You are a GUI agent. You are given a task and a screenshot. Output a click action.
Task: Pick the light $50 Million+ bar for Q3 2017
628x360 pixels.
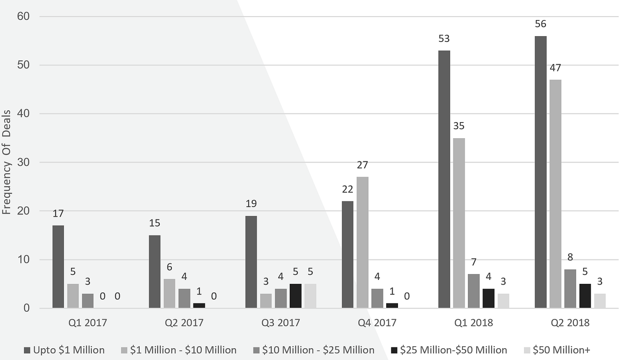point(310,296)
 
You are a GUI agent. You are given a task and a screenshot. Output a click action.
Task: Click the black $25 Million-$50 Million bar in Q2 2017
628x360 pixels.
point(199,305)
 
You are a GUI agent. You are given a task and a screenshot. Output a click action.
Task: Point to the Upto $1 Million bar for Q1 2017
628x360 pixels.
point(58,267)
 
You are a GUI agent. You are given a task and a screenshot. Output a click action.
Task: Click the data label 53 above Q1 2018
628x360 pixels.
point(444,38)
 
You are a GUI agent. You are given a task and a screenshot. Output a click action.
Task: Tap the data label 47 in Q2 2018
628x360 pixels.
point(555,68)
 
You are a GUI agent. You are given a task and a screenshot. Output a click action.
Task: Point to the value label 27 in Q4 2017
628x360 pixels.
point(362,164)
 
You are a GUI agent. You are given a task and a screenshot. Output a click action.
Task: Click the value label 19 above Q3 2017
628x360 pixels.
point(251,203)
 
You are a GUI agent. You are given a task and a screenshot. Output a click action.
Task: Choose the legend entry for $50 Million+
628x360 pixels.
point(557,350)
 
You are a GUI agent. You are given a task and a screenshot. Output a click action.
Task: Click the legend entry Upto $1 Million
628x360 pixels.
point(64,350)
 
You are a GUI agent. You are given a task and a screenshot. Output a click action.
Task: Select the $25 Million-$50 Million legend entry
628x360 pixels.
point(449,350)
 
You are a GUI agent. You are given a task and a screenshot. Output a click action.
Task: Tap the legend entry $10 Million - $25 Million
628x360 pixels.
point(314,350)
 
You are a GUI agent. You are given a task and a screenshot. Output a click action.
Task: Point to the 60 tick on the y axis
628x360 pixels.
point(23,16)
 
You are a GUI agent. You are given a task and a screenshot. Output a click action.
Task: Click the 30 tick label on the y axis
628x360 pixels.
point(23,162)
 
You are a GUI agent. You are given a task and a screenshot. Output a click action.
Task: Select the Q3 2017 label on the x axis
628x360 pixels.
point(281,323)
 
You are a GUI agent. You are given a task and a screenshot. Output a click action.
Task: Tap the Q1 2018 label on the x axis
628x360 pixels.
point(474,323)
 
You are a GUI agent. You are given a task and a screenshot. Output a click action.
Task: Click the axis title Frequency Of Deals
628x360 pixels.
point(6,162)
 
